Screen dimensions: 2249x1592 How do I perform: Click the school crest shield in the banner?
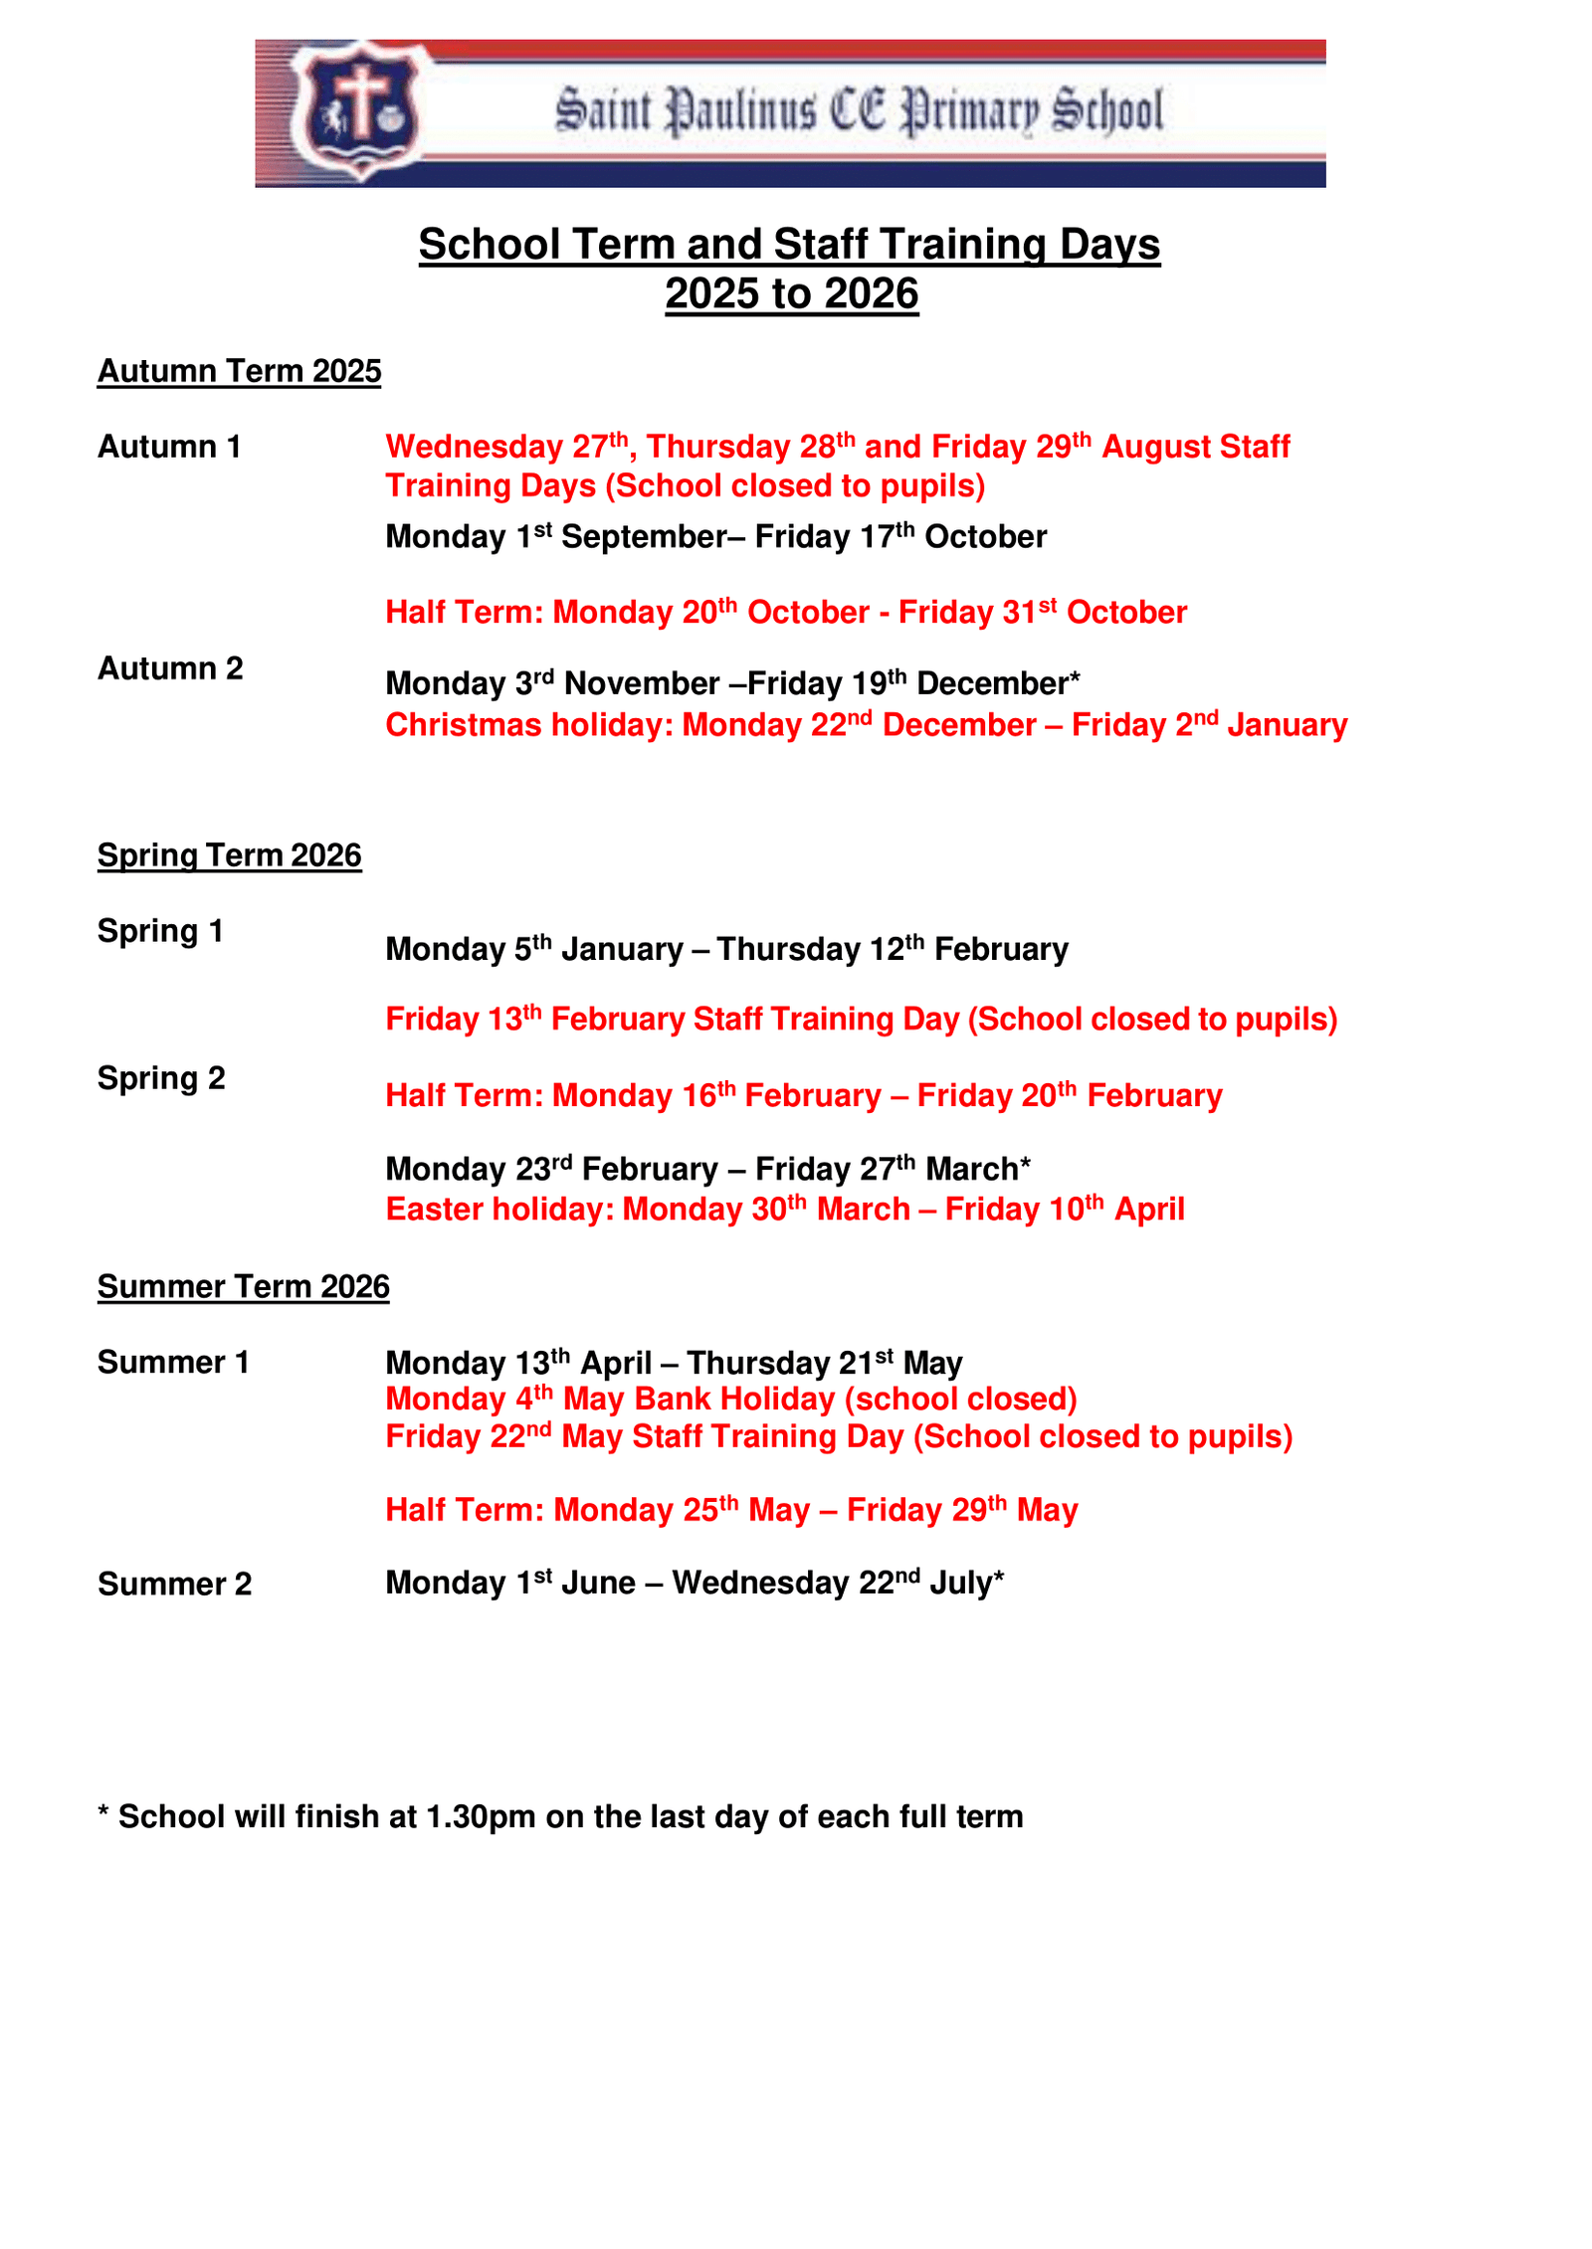point(358,109)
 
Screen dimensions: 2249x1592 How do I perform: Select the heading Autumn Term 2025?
point(239,371)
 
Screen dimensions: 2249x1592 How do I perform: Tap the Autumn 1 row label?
point(169,448)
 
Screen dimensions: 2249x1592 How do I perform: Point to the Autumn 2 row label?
point(170,669)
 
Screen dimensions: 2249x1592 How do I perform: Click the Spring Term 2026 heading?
point(229,855)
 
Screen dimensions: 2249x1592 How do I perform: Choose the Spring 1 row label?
point(160,932)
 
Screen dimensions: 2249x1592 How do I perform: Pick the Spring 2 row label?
point(161,1079)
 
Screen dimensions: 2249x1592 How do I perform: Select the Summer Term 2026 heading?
point(243,1287)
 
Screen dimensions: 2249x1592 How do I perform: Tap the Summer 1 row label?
point(173,1363)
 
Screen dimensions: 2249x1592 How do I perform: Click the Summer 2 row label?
point(174,1585)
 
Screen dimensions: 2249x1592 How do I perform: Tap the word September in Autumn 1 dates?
point(644,538)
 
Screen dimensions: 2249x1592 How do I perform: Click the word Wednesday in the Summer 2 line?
point(759,1584)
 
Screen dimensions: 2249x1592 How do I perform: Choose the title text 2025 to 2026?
point(791,294)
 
